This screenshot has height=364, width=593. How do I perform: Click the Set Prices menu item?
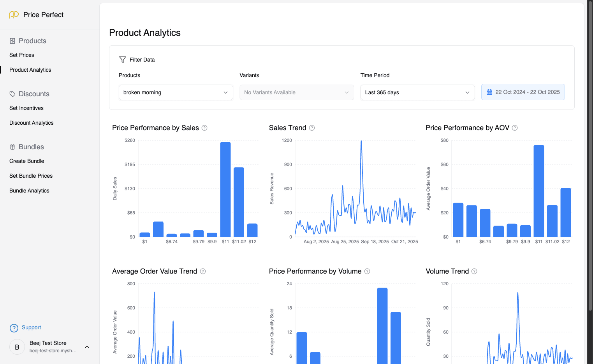point(22,55)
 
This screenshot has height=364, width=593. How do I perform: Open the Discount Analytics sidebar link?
point(32,123)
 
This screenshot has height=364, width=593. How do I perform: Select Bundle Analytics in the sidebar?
point(29,191)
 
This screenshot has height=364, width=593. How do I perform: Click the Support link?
point(31,327)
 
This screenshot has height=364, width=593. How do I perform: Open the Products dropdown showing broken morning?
point(176,92)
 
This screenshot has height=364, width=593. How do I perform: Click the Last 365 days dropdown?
point(417,92)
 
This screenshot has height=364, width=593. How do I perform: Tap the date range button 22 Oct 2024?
point(523,92)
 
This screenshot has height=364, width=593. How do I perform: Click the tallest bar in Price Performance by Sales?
point(225,189)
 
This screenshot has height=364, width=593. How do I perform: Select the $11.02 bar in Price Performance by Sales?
point(239,202)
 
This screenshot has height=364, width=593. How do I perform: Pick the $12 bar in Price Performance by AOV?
point(566,212)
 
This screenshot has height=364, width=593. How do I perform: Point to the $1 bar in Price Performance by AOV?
point(458,220)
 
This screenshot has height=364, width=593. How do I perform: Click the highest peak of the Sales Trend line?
point(361,141)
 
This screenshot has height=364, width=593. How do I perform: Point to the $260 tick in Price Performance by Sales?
point(130,140)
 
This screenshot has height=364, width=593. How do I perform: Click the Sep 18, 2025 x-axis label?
point(375,242)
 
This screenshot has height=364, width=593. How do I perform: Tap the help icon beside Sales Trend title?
point(312,128)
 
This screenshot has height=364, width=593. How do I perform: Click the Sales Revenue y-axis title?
point(272,189)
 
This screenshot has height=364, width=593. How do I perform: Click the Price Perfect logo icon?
point(14,15)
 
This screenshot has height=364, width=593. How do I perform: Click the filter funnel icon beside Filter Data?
point(123,60)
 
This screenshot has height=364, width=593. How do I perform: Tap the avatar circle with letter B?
point(17,347)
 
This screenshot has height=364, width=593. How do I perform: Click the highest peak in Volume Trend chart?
point(517,293)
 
